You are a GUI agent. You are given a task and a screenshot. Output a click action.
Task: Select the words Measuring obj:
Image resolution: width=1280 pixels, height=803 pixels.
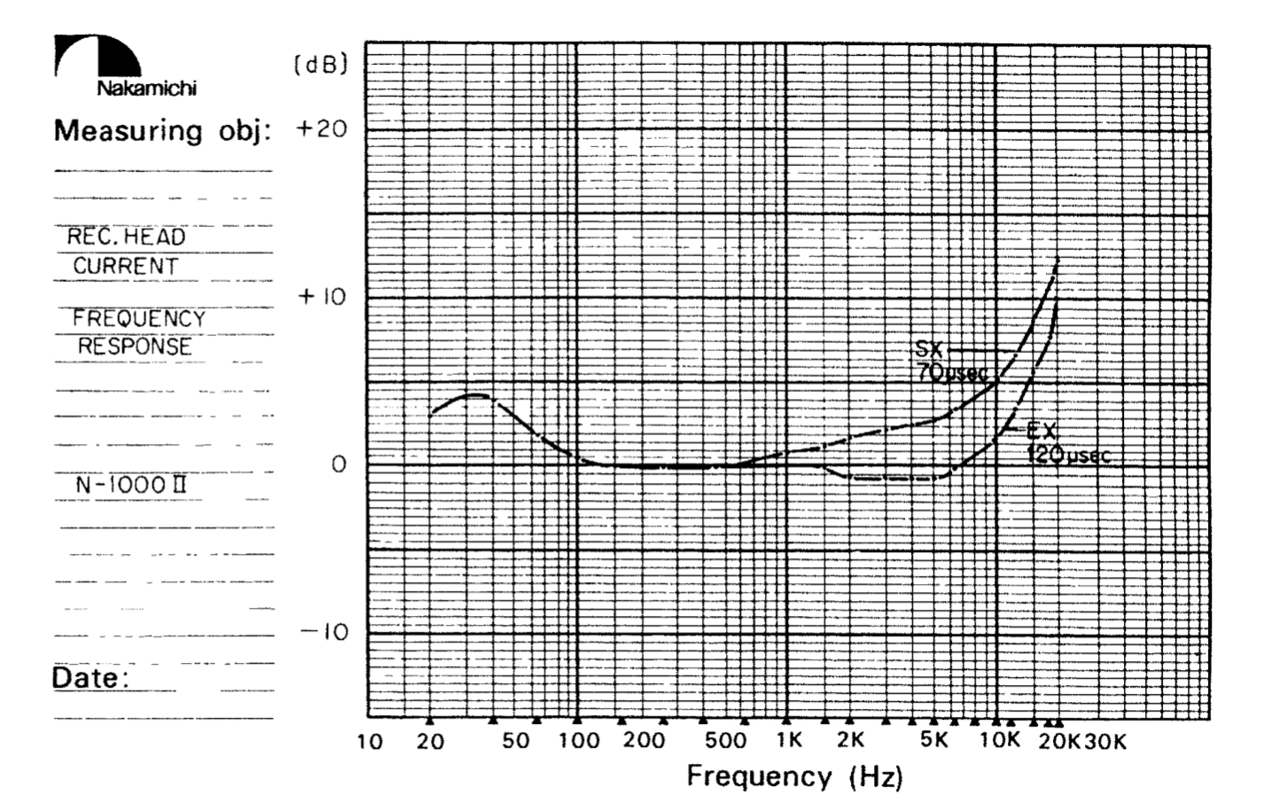pos(161,131)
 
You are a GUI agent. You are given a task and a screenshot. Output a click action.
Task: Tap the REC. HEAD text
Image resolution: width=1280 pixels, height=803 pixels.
pos(127,238)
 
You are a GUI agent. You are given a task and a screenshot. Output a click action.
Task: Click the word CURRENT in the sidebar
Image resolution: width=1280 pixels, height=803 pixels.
pos(125,266)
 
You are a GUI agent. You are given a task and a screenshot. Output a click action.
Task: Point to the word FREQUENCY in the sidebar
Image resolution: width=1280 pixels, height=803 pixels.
pos(138,318)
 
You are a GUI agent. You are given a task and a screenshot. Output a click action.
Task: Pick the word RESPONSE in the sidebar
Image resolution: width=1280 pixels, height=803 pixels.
pos(134,347)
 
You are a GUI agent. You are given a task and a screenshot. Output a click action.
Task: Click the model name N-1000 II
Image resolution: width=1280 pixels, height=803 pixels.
pos(131,486)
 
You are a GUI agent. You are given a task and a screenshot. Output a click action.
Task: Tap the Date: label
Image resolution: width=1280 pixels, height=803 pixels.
pos(90,679)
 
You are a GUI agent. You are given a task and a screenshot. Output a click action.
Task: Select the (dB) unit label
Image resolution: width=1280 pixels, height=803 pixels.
pos(319,66)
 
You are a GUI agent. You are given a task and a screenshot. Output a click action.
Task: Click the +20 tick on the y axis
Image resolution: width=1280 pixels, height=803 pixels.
pos(322,129)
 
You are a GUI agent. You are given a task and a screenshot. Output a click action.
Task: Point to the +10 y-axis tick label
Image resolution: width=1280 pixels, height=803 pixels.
pos(322,296)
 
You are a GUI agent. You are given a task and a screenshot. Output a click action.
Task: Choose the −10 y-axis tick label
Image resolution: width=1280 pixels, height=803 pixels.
pos(324,633)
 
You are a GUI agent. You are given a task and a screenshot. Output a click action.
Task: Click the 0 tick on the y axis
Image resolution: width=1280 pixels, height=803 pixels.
pos(338,464)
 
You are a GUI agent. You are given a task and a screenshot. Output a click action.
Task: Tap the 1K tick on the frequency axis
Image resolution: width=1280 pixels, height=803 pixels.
pos(788,741)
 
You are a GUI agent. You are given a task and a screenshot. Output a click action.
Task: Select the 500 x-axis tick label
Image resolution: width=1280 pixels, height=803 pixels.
pos(725,741)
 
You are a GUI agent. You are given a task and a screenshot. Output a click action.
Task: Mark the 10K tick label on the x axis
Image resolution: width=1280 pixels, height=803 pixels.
pos(1000,741)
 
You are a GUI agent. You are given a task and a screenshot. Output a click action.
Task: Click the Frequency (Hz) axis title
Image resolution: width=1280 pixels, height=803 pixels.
pos(794,777)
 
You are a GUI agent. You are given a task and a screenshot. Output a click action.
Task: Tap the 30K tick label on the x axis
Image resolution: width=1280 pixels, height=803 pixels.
pos(1104,742)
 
